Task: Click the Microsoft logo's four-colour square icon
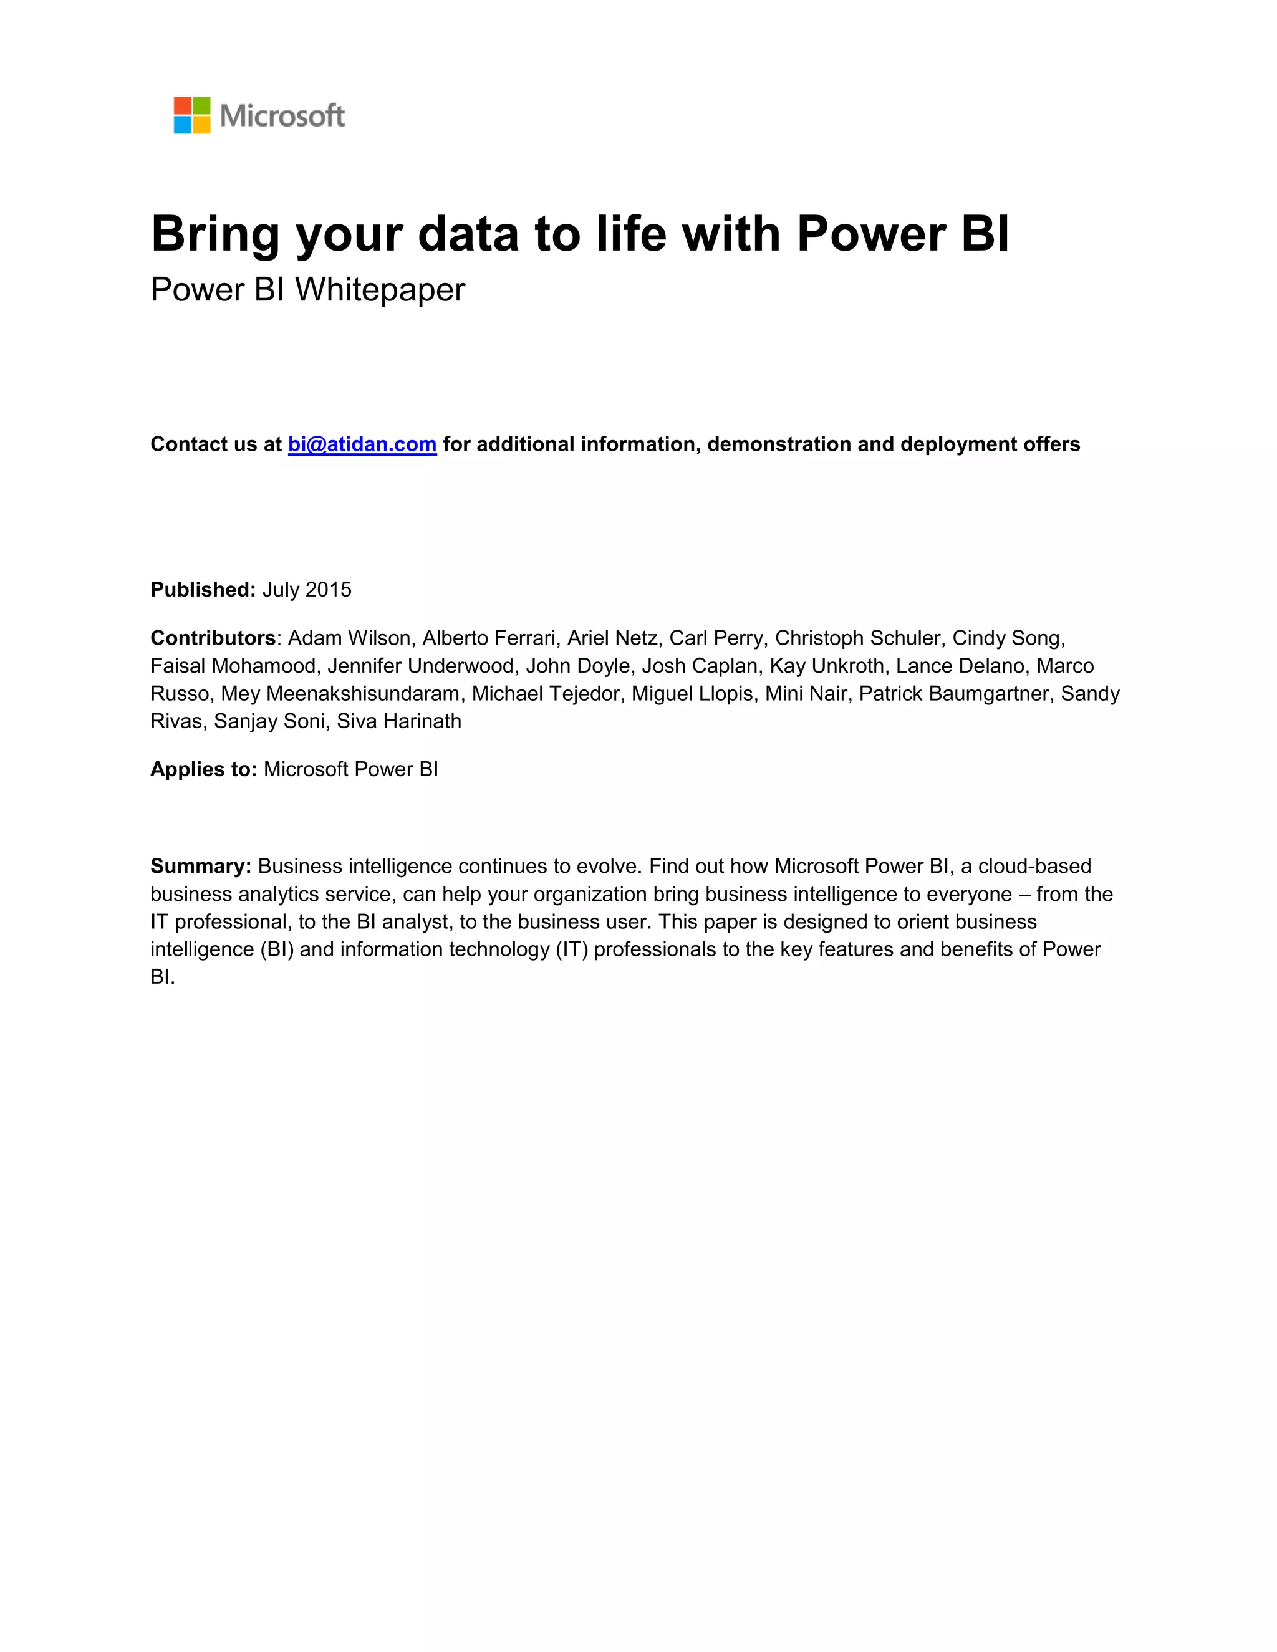[192, 115]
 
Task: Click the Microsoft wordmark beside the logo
[282, 116]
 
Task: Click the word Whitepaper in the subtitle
[380, 290]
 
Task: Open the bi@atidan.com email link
[362, 444]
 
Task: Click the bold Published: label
[203, 589]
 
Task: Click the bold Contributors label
[213, 638]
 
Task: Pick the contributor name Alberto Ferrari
[488, 638]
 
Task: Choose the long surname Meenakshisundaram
[362, 694]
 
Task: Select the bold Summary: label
[201, 866]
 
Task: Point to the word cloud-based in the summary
[1035, 866]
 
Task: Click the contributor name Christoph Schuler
[857, 638]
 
